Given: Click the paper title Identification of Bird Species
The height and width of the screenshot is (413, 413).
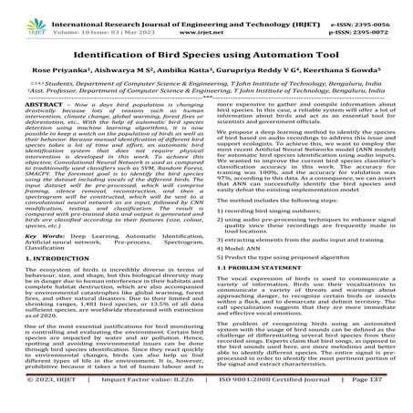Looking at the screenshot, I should [206, 42].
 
